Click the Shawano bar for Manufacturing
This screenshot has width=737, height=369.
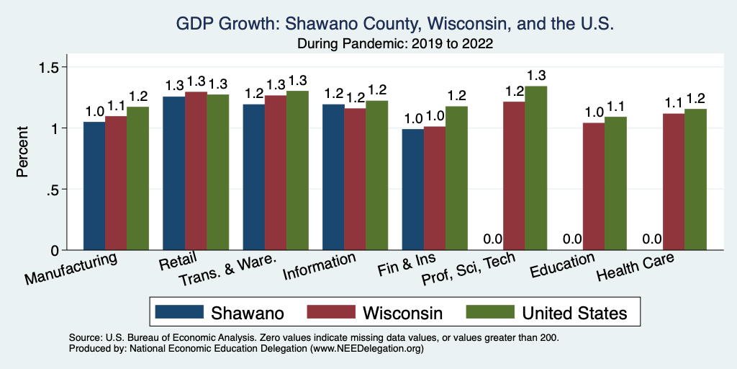(x=94, y=186)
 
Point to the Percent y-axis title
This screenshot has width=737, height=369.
(x=22, y=152)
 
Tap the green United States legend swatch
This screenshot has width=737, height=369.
(x=491, y=312)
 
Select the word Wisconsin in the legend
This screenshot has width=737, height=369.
(x=402, y=313)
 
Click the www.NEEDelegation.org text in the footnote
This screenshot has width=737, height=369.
(x=366, y=348)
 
